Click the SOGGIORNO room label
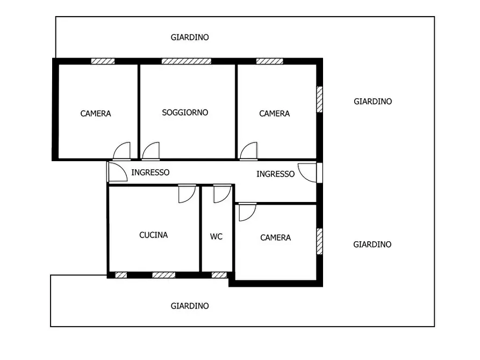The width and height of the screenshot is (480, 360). (185, 113)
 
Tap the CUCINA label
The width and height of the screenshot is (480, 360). (153, 235)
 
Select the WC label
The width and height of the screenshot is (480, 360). (216, 236)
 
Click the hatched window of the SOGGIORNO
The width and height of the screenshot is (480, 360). (186, 61)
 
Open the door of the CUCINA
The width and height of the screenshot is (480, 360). (186, 193)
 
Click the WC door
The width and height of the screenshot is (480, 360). (221, 193)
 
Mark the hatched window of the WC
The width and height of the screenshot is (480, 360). (219, 275)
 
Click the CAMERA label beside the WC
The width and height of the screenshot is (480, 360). (275, 237)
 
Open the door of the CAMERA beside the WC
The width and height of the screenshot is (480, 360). (247, 212)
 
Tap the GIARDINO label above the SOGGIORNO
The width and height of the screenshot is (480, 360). (190, 38)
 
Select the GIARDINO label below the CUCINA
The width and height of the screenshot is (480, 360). (190, 306)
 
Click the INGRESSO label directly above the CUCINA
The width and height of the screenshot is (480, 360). (151, 172)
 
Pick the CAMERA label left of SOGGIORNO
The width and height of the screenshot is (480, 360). (96, 113)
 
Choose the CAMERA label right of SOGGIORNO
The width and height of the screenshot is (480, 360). (274, 113)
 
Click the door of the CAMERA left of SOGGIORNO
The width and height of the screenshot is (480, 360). (122, 152)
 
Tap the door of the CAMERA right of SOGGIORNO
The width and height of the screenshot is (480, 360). (248, 152)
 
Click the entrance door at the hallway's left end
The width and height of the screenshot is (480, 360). (116, 171)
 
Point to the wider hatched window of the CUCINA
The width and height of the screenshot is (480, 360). (163, 275)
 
